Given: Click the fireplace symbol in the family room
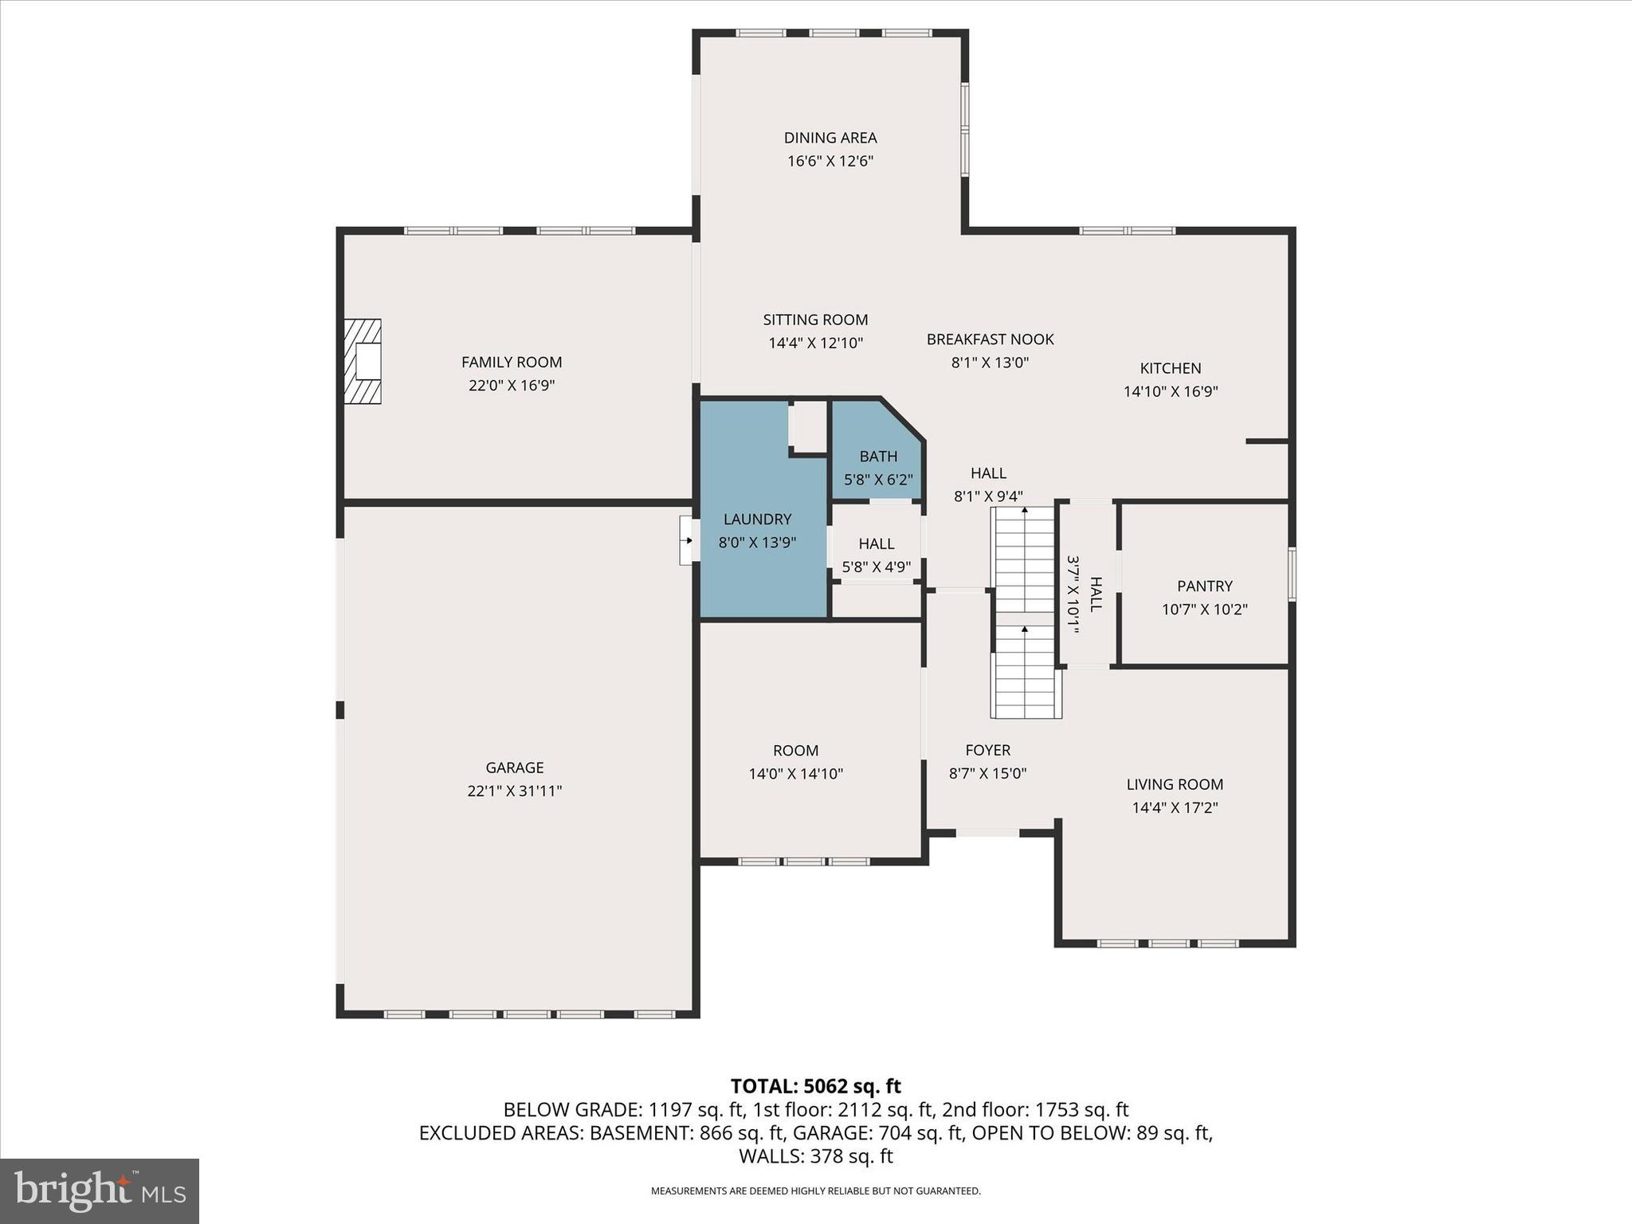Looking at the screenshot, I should click(x=363, y=361).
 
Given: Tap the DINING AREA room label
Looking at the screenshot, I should click(x=830, y=138).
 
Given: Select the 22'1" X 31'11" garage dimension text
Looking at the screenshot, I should click(x=515, y=791).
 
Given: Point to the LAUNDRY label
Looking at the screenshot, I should click(x=757, y=520).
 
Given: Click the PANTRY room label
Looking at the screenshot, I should click(x=1204, y=586).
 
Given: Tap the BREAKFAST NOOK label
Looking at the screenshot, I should click(x=990, y=339).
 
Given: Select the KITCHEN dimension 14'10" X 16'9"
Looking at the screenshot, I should click(x=1171, y=392).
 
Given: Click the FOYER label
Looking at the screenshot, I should click(x=987, y=751).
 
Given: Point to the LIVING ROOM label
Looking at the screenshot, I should click(x=1175, y=785).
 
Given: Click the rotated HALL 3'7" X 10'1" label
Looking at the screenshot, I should click(x=1085, y=594).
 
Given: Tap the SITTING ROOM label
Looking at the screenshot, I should click(x=815, y=320).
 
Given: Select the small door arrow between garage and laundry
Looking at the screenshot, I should click(x=688, y=540).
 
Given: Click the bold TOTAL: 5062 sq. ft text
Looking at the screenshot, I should click(x=815, y=1086).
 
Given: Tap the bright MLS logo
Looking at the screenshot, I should click(x=100, y=1191).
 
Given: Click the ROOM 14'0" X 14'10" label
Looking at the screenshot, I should click(x=795, y=762).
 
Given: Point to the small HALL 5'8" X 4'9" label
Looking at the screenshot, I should click(x=876, y=555).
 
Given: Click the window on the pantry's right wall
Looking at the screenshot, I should click(x=1292, y=574).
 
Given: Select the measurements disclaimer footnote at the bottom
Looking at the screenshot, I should click(x=815, y=1191).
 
